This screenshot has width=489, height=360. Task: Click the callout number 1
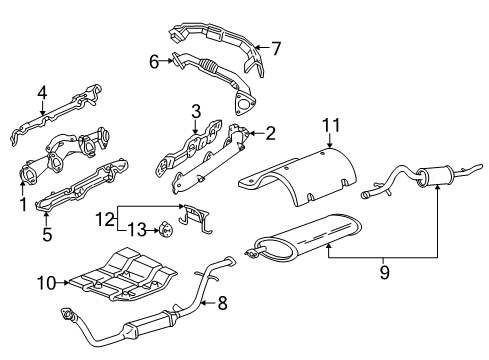(x=21, y=205)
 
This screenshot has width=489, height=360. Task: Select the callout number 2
(x=269, y=132)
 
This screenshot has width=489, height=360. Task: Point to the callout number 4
(x=42, y=95)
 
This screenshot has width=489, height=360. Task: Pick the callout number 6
(x=154, y=62)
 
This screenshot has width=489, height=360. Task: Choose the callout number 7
(x=277, y=47)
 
